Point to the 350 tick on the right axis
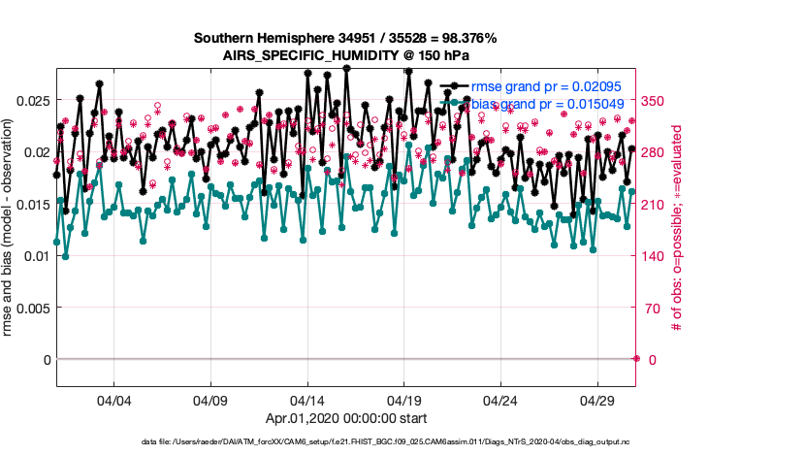659,100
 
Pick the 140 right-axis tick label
659,256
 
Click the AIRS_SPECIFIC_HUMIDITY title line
345,55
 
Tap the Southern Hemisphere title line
345,38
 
